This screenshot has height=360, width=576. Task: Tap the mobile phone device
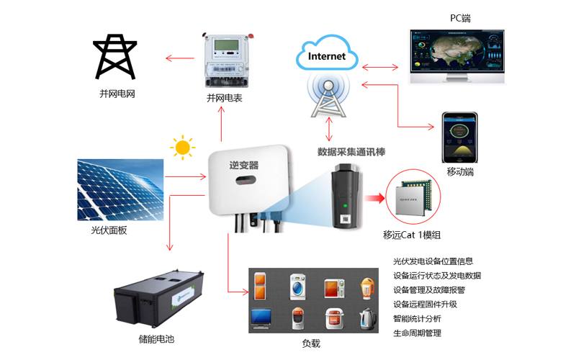[460, 137]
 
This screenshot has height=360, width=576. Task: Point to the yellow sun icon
[183, 148]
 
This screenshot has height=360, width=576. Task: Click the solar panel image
[120, 189]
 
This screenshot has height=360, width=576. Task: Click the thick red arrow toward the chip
[373, 199]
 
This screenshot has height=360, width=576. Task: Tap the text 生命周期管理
[418, 333]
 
